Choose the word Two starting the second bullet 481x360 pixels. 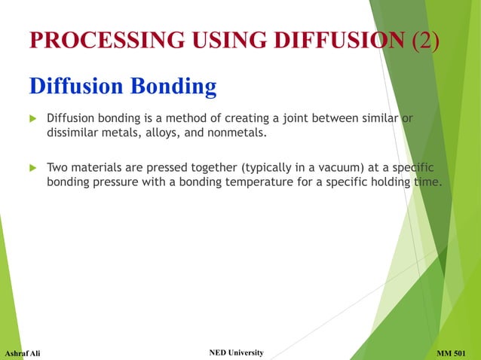click(58, 166)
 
